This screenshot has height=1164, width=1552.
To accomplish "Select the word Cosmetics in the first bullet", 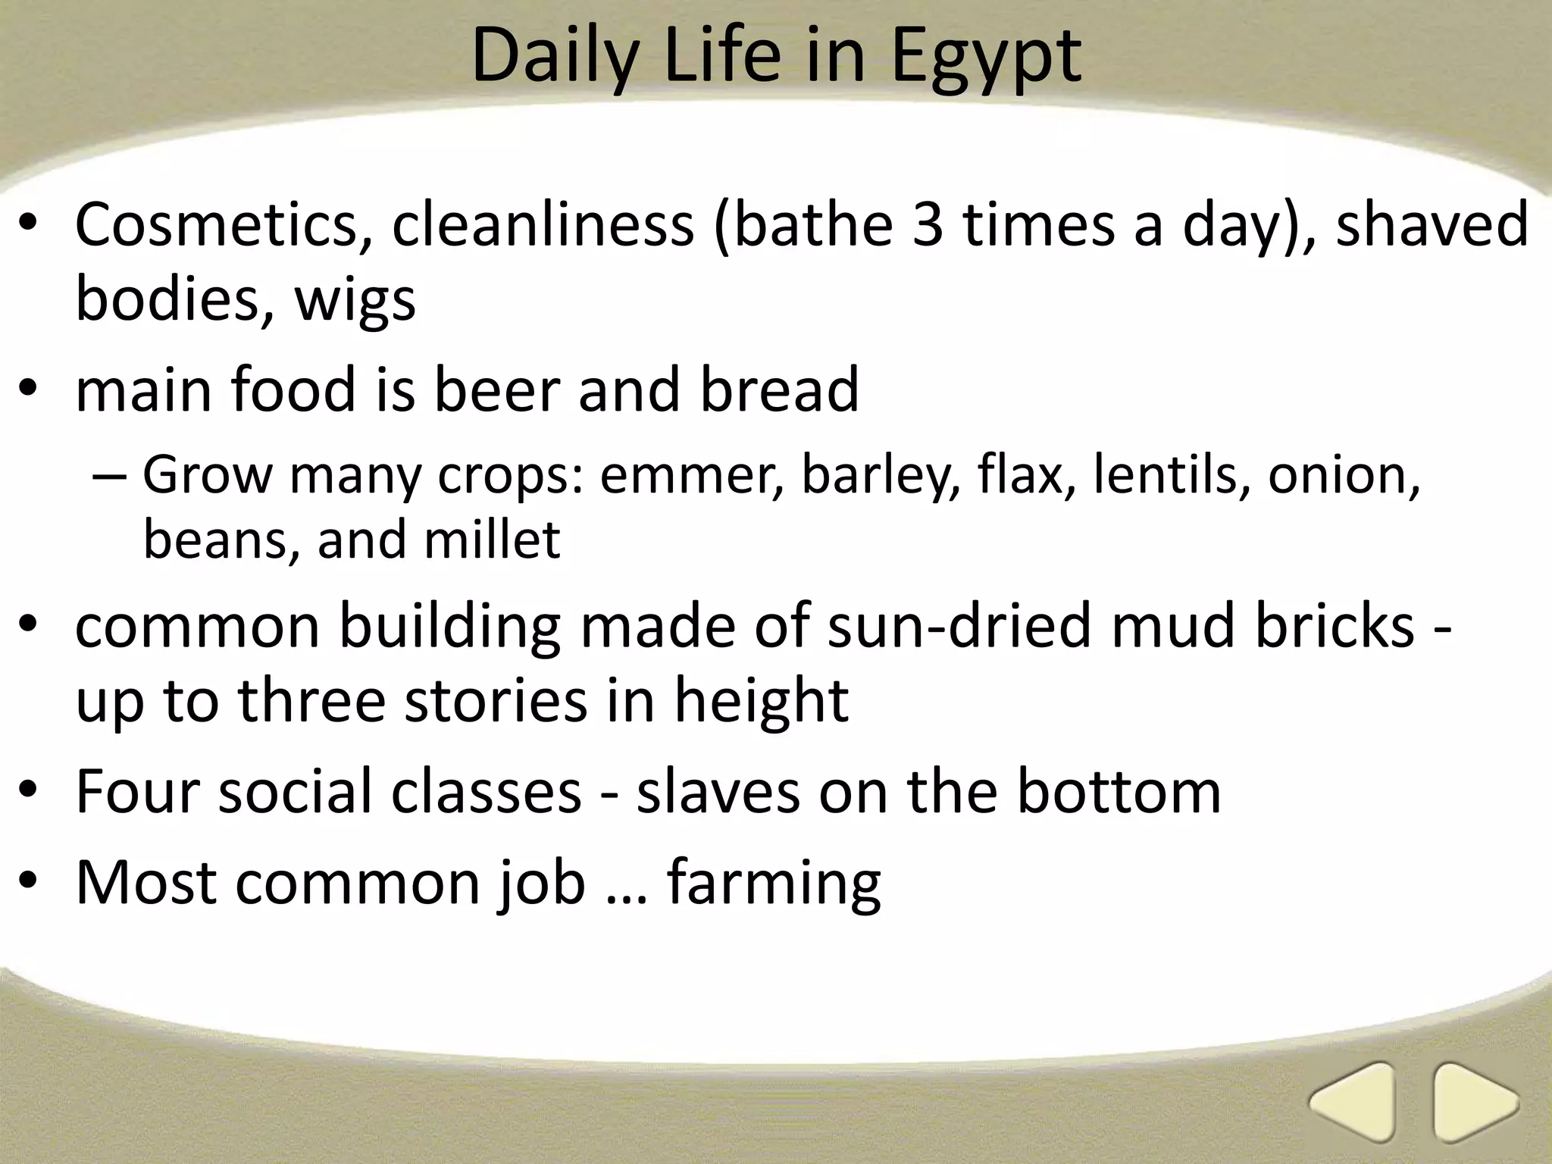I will (216, 225).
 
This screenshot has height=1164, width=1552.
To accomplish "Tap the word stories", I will (496, 701).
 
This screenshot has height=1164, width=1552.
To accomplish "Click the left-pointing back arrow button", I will (1352, 1102).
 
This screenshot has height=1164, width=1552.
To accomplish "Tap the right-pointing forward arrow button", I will (1475, 1102).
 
